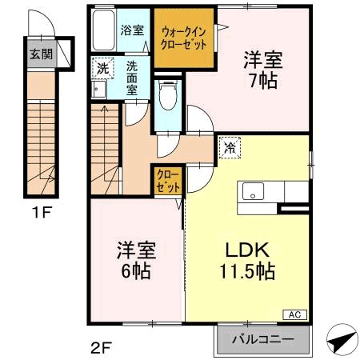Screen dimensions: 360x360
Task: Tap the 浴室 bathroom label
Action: tap(132, 30)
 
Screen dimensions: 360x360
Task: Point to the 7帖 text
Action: tap(262, 81)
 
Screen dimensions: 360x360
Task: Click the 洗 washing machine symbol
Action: tap(102, 68)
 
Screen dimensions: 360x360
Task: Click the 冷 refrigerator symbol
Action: tap(230, 146)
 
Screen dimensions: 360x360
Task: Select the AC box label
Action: tap(293, 315)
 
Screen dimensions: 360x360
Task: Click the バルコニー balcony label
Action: tap(262, 339)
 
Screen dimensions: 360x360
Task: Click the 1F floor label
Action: tap(42, 213)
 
